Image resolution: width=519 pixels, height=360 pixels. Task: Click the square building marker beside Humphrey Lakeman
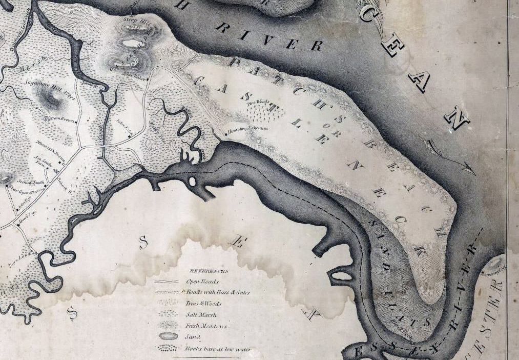pyautogui.click(x=226, y=134)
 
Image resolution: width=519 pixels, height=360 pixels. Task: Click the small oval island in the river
pyautogui.click(x=193, y=181)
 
